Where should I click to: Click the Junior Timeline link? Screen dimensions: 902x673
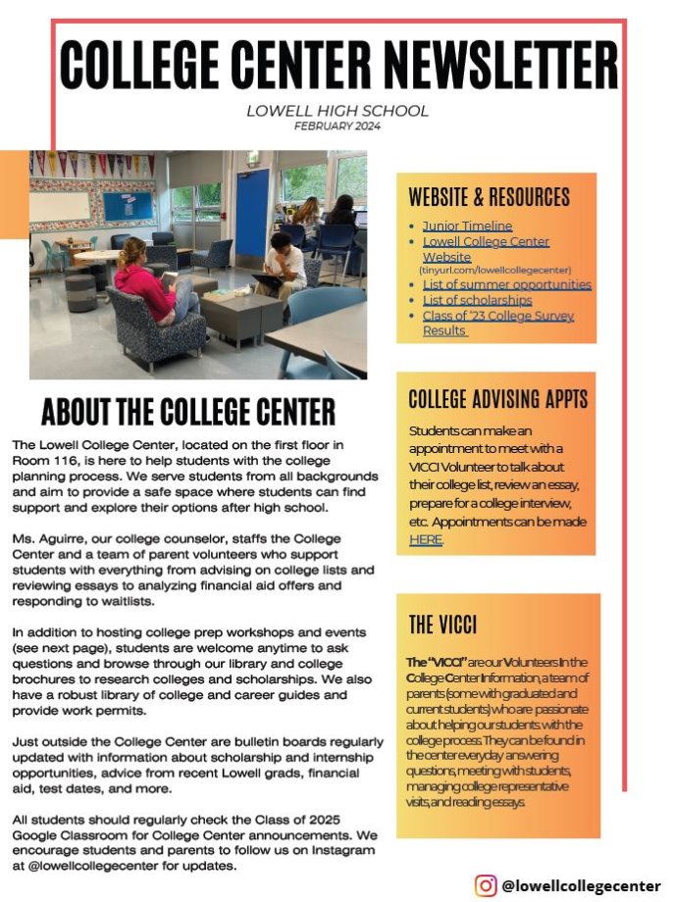pyautogui.click(x=467, y=225)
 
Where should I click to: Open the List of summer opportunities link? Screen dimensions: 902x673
pyautogui.click(x=506, y=284)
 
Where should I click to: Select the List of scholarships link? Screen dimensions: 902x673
pyautogui.click(x=477, y=300)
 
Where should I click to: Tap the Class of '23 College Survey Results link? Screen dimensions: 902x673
pyautogui.click(x=497, y=316)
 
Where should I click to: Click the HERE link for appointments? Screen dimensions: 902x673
pyautogui.click(x=426, y=539)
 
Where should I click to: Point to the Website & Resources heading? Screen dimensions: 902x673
pyautogui.click(x=489, y=195)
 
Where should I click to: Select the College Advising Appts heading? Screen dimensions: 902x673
pyautogui.click(x=497, y=399)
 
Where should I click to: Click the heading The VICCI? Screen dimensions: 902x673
pyautogui.click(x=443, y=625)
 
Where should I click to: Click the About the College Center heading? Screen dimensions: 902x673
pyautogui.click(x=188, y=412)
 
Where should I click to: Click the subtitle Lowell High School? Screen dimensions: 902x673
pyautogui.click(x=336, y=111)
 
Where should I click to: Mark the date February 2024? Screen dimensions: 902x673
pyautogui.click(x=336, y=125)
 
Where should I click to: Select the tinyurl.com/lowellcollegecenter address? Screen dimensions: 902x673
pyautogui.click(x=494, y=269)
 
